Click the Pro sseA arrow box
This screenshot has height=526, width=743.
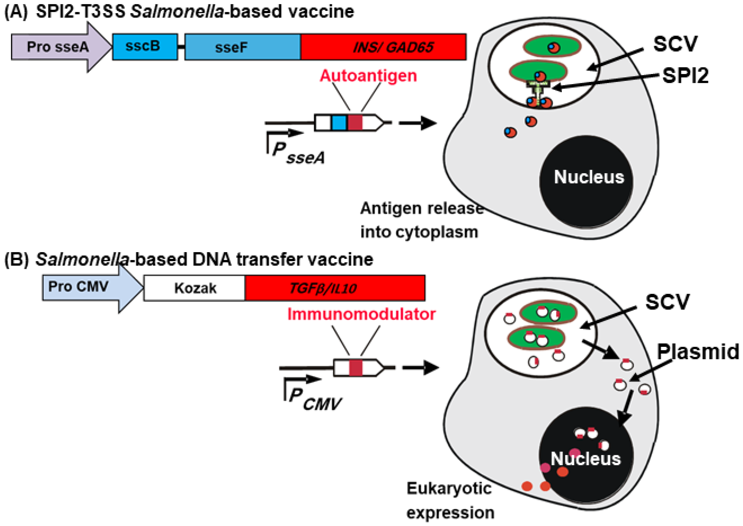(x=58, y=47)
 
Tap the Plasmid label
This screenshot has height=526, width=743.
(x=697, y=352)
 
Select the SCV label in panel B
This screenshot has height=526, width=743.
(x=667, y=302)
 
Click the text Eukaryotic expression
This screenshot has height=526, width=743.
(x=450, y=500)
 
